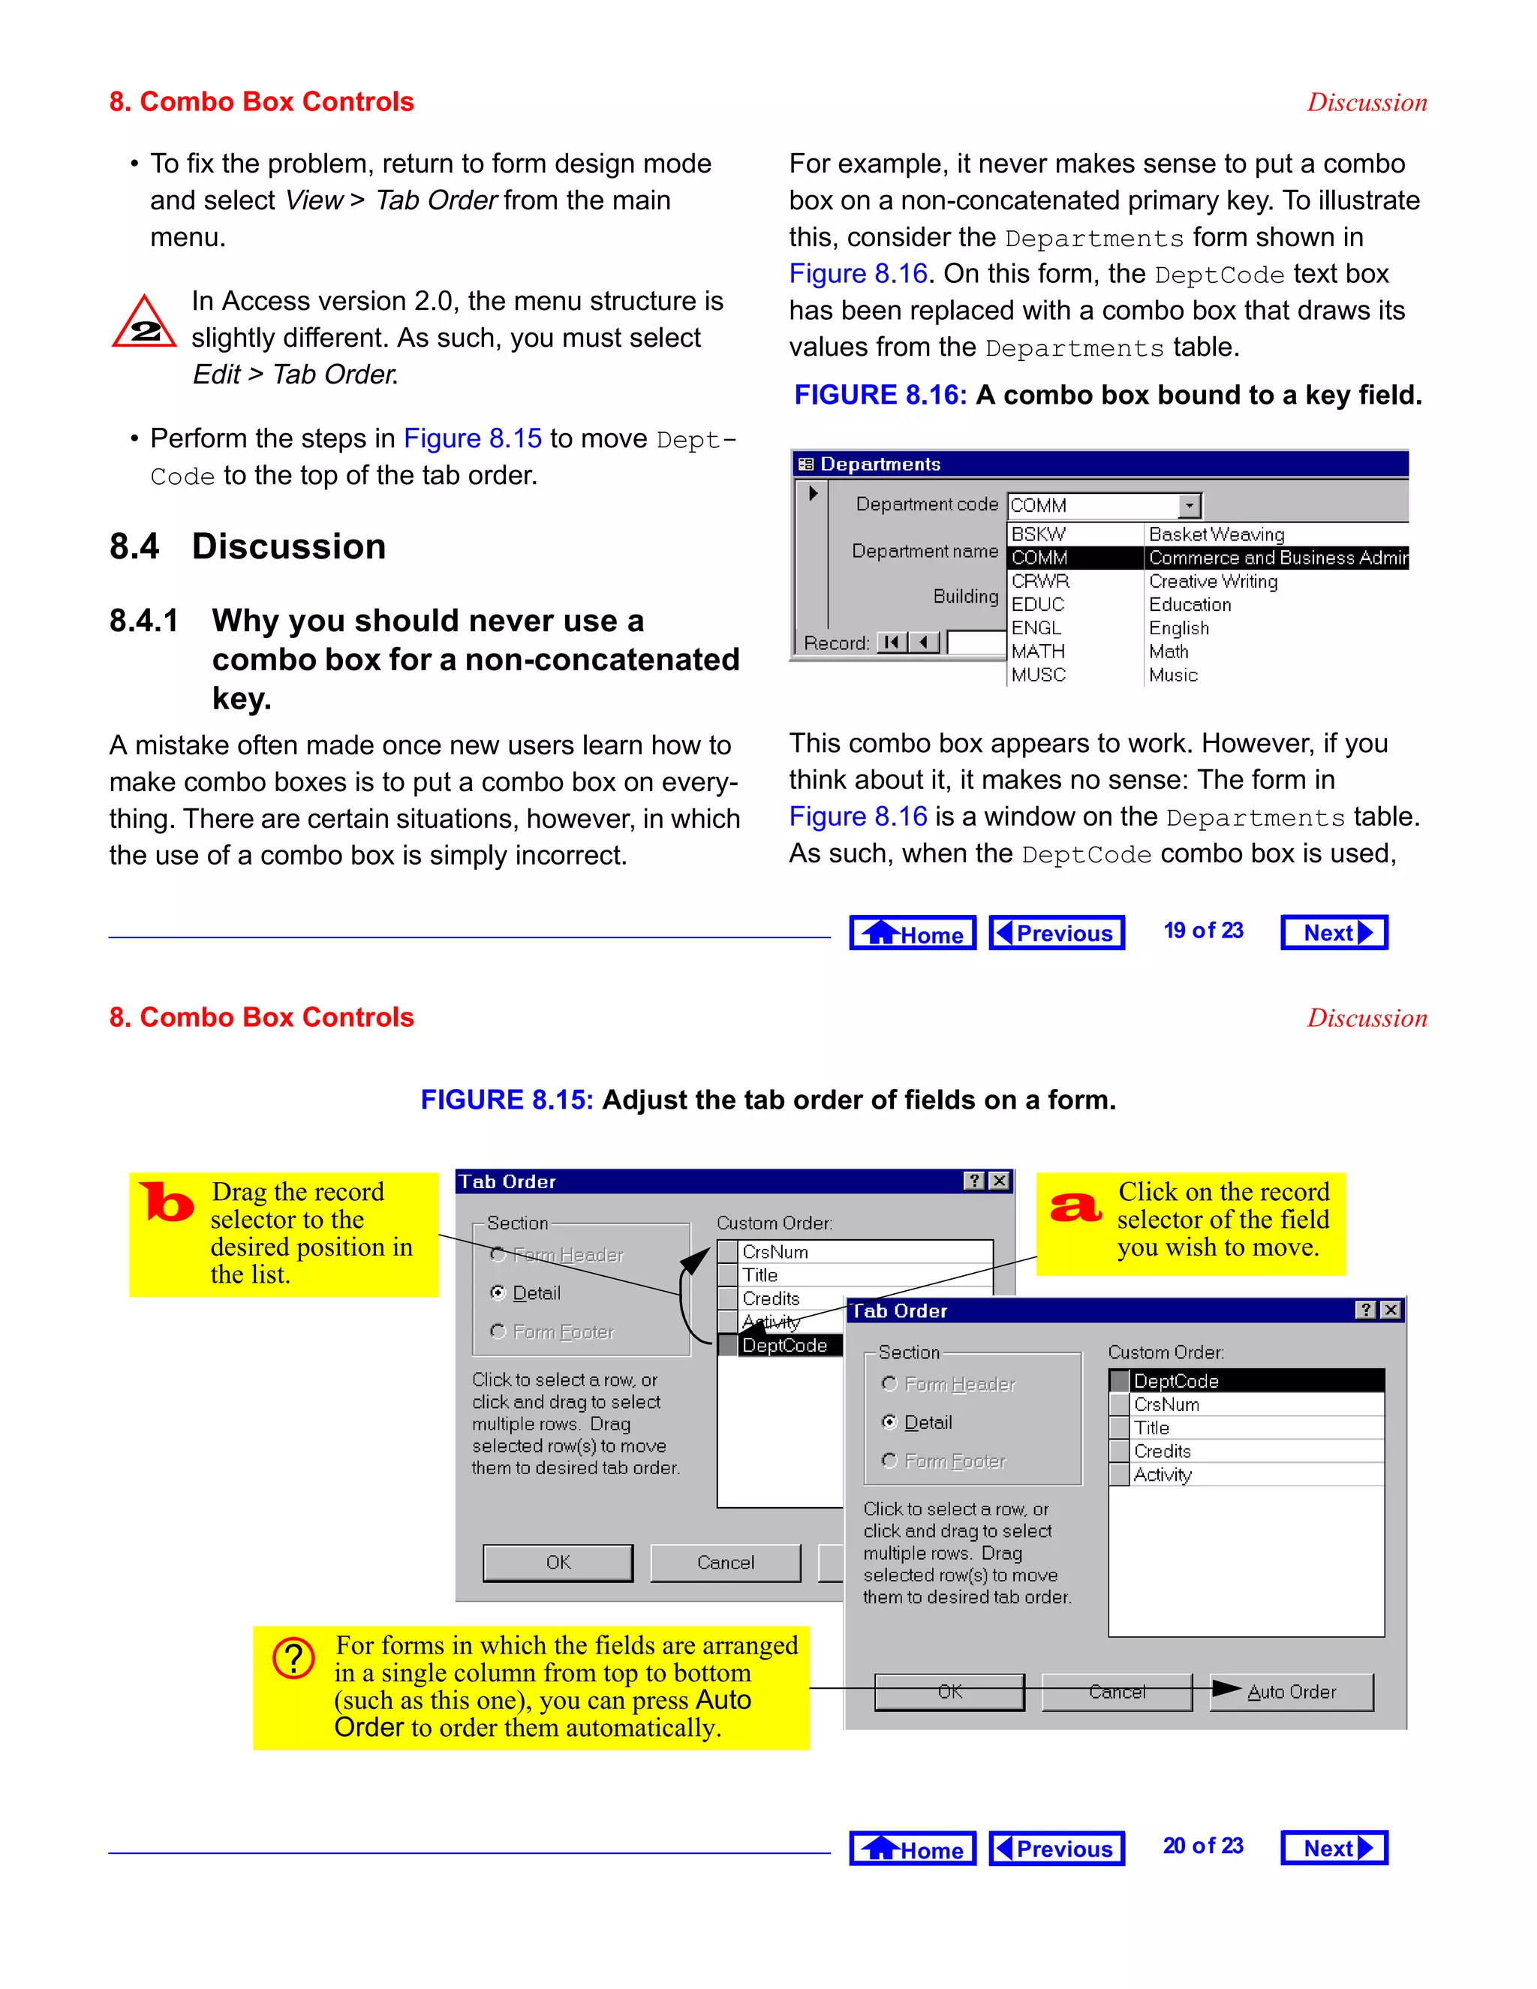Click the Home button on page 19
[913, 932]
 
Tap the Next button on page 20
[1334, 1848]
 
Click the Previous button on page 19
[1056, 932]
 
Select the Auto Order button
[1291, 1691]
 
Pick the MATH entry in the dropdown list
[1038, 651]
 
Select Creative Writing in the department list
[1213, 581]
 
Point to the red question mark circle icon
[293, 1659]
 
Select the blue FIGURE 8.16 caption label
[880, 396]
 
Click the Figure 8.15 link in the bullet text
[473, 439]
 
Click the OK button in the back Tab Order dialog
[558, 1562]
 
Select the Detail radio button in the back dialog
[498, 1292]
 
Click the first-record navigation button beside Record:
[891, 642]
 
